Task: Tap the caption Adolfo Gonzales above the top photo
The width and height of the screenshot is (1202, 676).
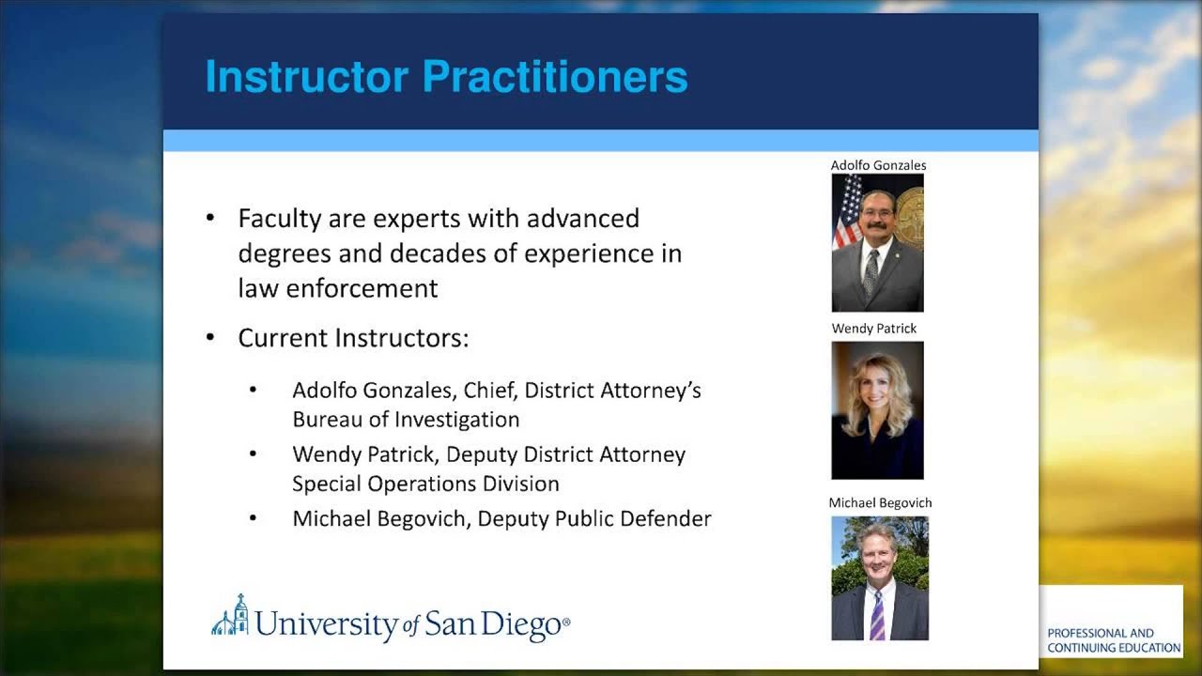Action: pos(878,165)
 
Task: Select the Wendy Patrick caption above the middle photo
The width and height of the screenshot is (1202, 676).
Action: pos(874,329)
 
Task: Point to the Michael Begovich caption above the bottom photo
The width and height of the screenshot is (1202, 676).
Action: pos(880,503)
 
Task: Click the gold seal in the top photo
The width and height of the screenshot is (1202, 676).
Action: pos(910,217)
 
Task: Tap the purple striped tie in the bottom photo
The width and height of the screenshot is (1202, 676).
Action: pos(877,615)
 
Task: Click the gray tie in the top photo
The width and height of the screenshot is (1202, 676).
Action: pos(871,272)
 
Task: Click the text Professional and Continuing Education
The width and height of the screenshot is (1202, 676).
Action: pos(1114,640)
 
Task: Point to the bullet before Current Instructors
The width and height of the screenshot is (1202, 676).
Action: pos(210,337)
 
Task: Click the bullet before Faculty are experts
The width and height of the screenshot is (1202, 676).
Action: pos(210,219)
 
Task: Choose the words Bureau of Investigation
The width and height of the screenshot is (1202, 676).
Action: pos(406,420)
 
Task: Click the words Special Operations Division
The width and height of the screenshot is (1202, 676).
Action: pos(425,484)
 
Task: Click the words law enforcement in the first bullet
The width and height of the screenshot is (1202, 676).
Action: pos(338,288)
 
